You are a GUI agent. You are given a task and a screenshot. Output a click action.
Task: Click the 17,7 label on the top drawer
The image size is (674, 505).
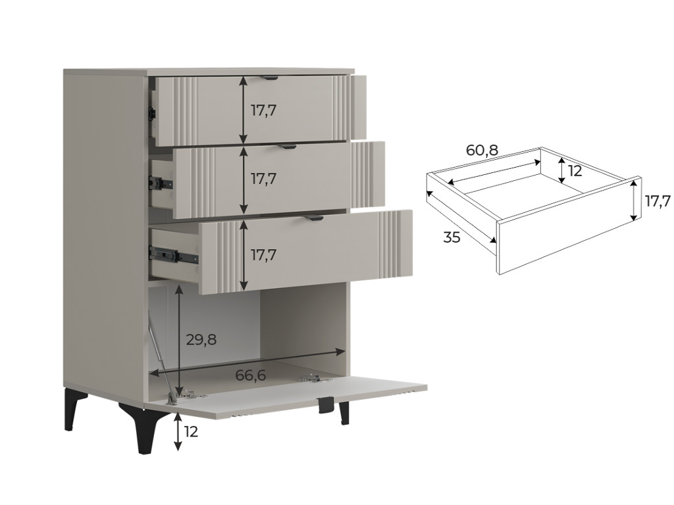264,110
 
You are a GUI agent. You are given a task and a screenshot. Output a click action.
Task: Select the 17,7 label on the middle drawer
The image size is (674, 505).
264,179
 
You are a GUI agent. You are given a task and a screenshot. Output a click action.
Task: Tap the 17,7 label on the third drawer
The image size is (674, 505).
264,255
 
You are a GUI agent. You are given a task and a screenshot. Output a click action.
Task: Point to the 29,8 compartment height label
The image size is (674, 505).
201,340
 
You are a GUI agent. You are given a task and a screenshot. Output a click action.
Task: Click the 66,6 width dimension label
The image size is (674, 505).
251,375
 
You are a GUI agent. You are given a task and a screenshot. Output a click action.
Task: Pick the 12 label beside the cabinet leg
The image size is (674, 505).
190,431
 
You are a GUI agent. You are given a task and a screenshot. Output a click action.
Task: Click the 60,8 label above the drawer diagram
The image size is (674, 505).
482,150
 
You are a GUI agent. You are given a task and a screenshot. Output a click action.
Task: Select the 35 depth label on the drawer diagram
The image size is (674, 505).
452,237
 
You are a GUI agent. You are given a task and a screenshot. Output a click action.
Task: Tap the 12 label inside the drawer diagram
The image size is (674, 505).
575,171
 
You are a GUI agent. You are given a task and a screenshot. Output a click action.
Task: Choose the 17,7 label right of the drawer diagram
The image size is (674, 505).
658,201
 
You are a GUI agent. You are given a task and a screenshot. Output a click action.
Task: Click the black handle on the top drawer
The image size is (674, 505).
269,78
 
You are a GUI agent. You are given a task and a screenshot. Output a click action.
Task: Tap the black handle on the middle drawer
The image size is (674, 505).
287,147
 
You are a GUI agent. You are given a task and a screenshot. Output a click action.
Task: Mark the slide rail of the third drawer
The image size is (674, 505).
173,254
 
